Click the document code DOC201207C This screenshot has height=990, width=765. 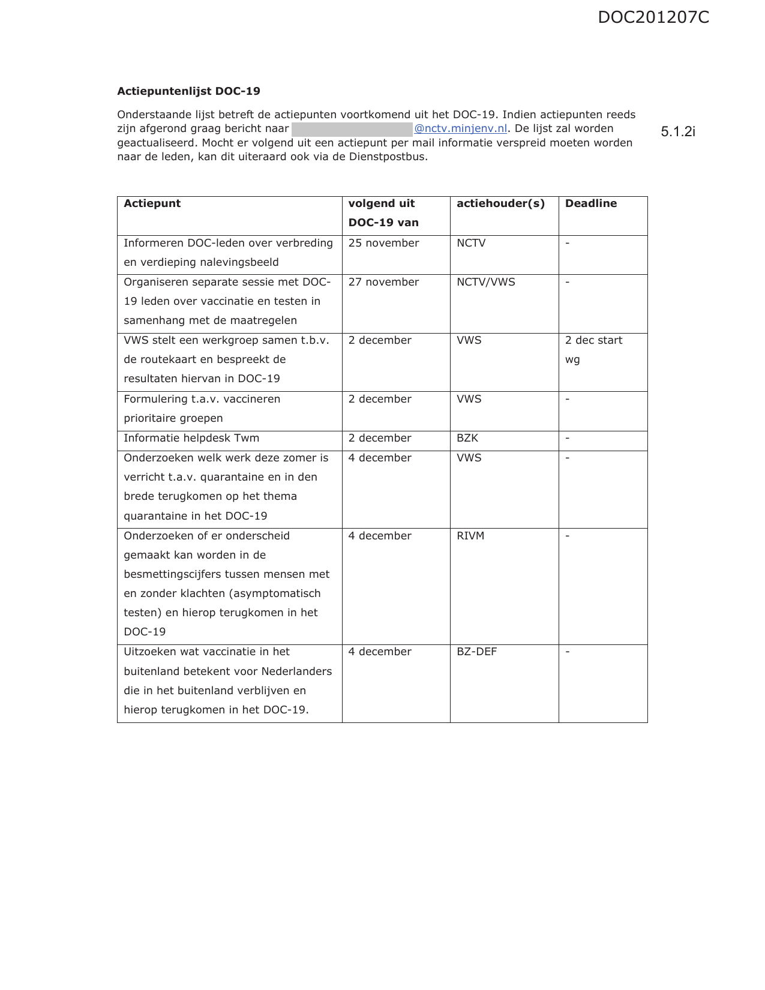(653, 17)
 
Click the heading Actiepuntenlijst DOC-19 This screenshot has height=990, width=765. (188, 91)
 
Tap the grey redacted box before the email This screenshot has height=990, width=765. (352, 129)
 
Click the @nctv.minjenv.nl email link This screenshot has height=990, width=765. (460, 129)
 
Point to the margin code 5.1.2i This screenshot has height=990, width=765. (678, 132)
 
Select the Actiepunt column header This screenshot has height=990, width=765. (152, 203)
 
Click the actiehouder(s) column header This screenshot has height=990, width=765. (500, 203)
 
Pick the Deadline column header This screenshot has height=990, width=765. (590, 203)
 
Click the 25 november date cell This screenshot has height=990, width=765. (383, 243)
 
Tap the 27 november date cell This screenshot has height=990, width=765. (383, 282)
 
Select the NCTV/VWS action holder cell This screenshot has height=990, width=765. (485, 282)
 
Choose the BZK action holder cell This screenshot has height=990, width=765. (467, 438)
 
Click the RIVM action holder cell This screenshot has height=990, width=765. (470, 536)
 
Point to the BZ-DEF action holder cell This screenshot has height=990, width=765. (476, 652)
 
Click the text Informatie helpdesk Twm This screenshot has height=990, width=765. (191, 438)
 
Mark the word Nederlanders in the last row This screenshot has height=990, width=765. (296, 671)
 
